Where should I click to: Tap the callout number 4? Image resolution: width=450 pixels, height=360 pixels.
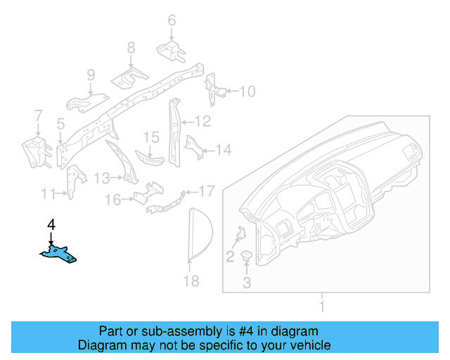click(51, 225)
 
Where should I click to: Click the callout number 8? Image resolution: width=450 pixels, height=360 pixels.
click(131, 48)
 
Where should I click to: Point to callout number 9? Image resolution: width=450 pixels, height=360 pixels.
click(91, 75)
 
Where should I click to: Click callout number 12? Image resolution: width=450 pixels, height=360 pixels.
click(202, 122)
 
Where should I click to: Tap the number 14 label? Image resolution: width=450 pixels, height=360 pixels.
click(223, 150)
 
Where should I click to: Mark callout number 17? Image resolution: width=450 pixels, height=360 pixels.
click(206, 191)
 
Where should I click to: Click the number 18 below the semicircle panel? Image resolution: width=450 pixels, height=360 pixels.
click(191, 281)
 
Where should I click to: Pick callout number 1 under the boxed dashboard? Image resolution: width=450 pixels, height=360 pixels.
click(322, 307)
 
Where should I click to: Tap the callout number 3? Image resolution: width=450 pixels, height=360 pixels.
click(247, 283)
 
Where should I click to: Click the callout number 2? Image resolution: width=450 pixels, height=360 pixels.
click(230, 257)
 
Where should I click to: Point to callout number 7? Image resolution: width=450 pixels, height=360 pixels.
click(39, 115)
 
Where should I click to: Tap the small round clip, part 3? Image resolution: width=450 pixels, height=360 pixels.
click(247, 256)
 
